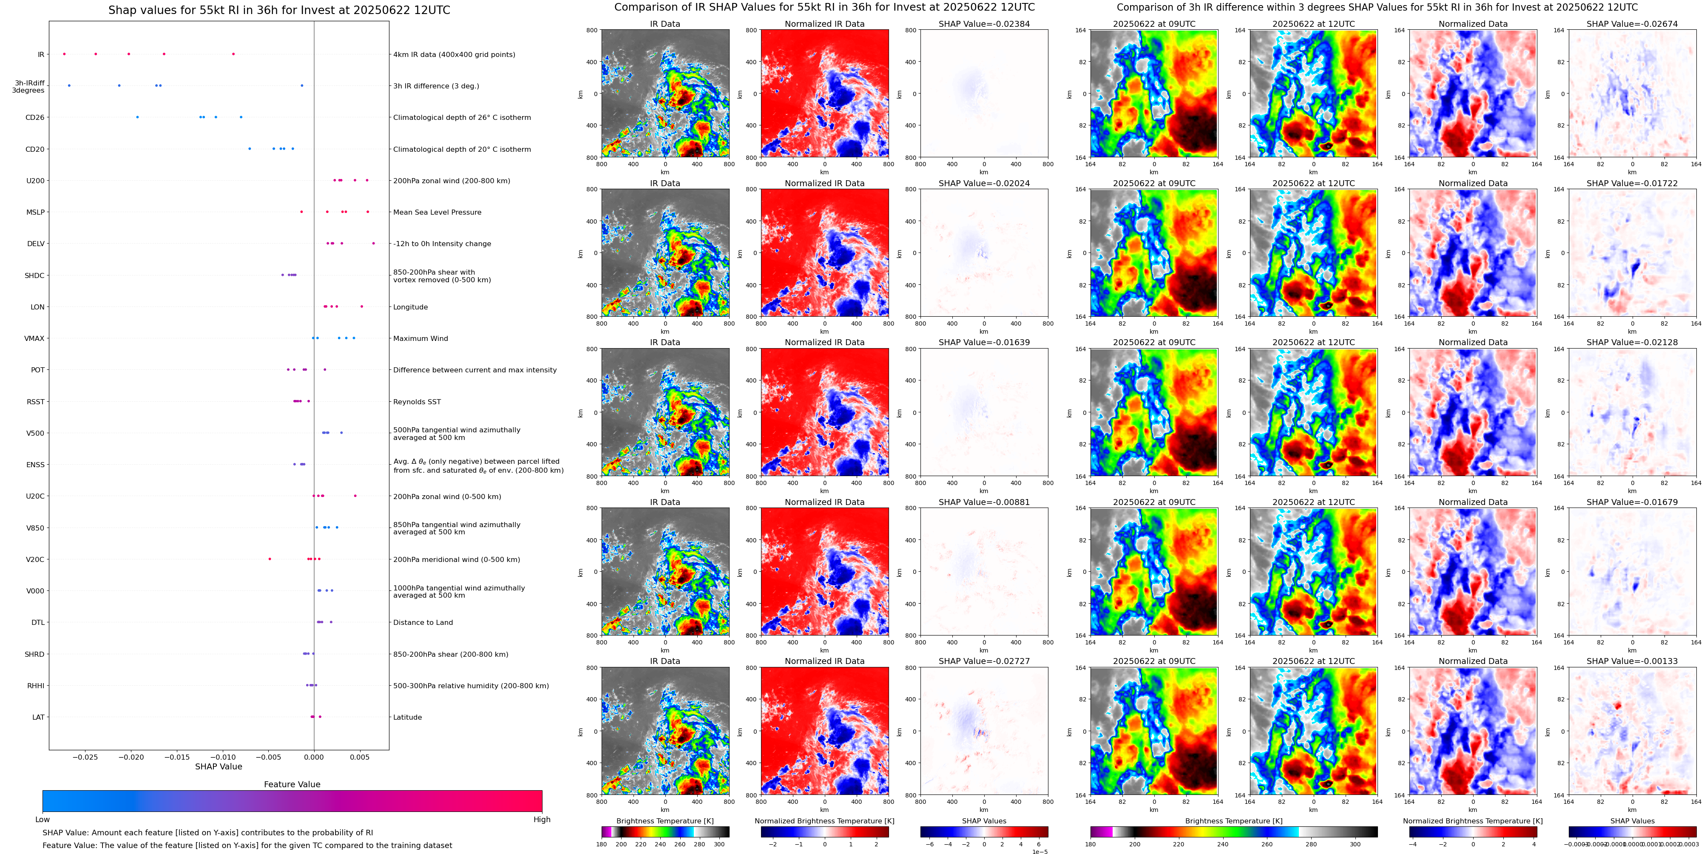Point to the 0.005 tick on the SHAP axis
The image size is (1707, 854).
click(360, 757)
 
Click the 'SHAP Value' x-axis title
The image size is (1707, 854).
click(219, 766)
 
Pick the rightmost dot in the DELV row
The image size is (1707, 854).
click(374, 243)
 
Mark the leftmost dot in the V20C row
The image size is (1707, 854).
click(270, 559)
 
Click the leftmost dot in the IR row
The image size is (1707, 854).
click(64, 54)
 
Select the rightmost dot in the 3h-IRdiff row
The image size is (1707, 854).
click(302, 85)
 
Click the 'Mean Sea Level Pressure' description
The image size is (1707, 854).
click(437, 213)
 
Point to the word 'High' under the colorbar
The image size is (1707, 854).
click(542, 820)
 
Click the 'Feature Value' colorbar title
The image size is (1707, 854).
click(292, 784)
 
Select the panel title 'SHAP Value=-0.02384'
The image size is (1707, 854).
click(984, 24)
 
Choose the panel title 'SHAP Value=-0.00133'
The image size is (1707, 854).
click(1632, 661)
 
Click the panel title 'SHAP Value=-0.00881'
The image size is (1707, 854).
click(984, 502)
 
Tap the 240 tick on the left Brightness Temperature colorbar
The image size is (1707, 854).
click(660, 844)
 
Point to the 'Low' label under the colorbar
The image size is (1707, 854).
click(43, 820)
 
